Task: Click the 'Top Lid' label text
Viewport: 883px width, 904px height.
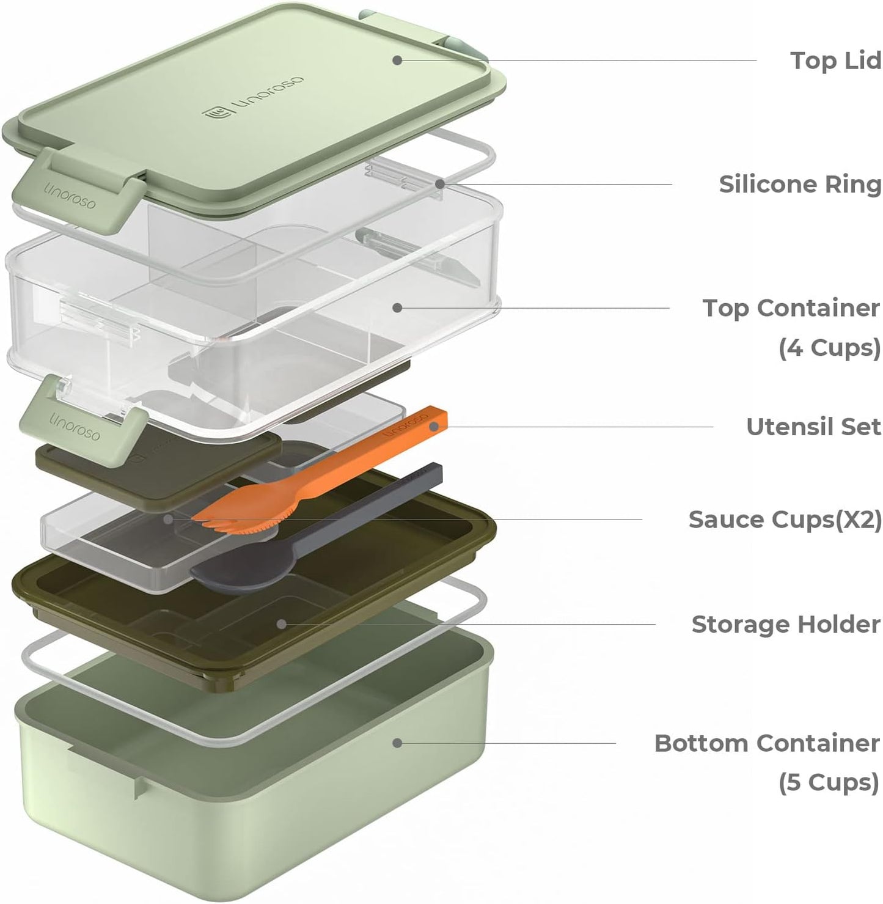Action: tap(835, 61)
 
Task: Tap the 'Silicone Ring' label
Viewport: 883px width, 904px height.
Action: tap(799, 184)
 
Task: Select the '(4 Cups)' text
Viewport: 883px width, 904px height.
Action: tap(829, 347)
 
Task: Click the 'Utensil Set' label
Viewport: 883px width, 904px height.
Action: tap(813, 427)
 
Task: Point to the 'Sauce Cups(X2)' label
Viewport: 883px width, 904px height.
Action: tap(785, 520)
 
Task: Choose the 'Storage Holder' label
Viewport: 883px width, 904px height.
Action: tap(786, 624)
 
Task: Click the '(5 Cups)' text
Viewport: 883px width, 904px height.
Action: tap(829, 782)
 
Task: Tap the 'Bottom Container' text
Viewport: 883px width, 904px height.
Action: tap(767, 743)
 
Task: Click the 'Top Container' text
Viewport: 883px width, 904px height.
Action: tap(791, 308)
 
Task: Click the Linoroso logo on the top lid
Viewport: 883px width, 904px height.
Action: tap(253, 98)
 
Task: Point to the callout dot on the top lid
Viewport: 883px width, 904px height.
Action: tap(397, 60)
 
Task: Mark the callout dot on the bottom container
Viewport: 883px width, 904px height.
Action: tap(397, 743)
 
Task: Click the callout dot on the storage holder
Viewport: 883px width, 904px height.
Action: tap(281, 624)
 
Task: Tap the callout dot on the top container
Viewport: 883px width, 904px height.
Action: tap(397, 307)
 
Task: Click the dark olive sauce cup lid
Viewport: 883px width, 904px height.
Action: tap(159, 468)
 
